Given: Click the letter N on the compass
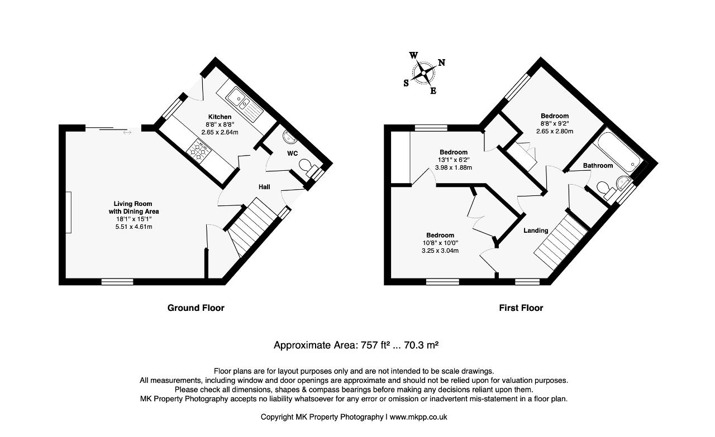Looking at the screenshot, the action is [441, 63].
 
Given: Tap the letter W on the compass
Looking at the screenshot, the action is [413, 55].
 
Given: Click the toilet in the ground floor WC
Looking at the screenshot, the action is [307, 168].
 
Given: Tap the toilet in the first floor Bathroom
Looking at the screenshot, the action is [606, 189].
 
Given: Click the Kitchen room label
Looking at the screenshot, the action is [220, 117].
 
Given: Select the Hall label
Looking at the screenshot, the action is [264, 187].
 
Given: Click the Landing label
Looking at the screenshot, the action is [536, 230].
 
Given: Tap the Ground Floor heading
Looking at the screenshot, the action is [196, 308].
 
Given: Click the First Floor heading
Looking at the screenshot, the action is [521, 308].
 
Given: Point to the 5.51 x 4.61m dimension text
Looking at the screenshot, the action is [134, 227].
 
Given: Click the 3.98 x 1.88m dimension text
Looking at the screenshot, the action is [453, 167].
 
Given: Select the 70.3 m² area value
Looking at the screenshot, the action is [421, 345].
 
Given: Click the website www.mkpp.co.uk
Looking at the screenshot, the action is [418, 417].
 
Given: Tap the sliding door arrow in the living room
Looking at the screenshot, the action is [127, 132].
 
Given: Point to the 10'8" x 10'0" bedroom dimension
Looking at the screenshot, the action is [440, 243].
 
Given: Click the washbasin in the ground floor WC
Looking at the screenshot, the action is [289, 137].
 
